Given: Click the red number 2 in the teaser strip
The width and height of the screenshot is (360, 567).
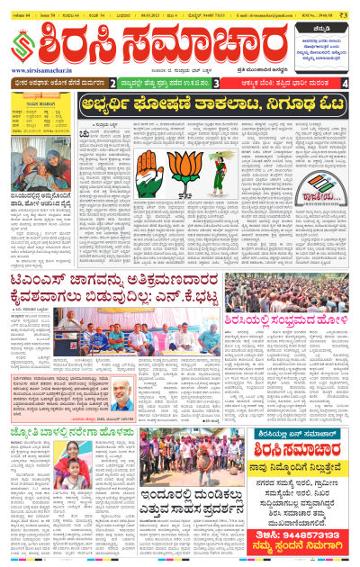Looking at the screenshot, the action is click(x=112, y=84).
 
